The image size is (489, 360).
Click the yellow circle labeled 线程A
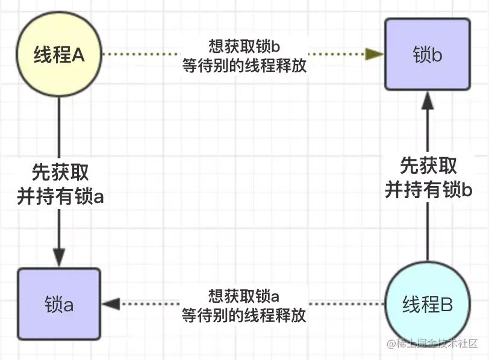(59, 54)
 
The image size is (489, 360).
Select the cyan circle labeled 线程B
(427, 303)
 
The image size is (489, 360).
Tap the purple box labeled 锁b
(428, 54)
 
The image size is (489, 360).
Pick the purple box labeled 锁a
(59, 304)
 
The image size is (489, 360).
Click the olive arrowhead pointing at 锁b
(375, 54)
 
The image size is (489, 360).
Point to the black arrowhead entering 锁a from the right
(111, 304)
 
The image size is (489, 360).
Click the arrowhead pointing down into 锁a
(59, 258)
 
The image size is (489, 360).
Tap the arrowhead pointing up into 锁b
(428, 101)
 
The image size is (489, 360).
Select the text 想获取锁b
(244, 46)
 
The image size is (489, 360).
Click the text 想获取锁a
(243, 296)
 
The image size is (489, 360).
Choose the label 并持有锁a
(60, 196)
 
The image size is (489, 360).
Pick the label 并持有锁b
(429, 190)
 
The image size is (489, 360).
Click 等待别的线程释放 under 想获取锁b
(244, 66)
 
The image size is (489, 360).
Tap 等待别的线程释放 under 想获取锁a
(244, 315)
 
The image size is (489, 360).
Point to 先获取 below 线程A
(60, 172)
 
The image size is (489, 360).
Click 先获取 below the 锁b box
(429, 166)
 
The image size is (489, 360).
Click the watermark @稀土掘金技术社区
(432, 344)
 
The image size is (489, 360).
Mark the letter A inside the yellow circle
(78, 55)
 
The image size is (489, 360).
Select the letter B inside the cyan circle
(447, 304)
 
